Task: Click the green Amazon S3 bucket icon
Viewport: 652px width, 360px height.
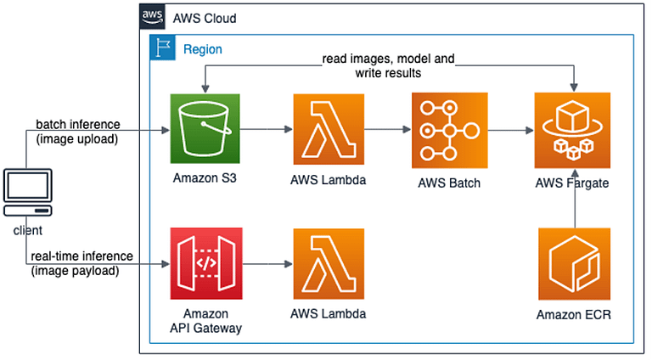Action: coord(205,130)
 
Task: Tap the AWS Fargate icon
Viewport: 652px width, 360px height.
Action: coord(571,130)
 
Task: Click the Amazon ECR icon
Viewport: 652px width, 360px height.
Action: coord(571,264)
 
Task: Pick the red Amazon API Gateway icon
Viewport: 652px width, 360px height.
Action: coord(205,264)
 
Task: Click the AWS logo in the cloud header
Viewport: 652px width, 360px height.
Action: coord(152,16)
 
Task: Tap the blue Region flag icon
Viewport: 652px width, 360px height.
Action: coord(161,48)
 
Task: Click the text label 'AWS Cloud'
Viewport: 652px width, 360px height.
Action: coord(205,18)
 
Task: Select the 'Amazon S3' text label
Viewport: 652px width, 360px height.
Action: coord(205,179)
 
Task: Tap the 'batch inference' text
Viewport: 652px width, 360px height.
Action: coord(78,124)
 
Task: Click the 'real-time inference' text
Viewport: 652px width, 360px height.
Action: coord(81,256)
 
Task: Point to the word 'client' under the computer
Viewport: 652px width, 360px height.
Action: coord(28,229)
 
